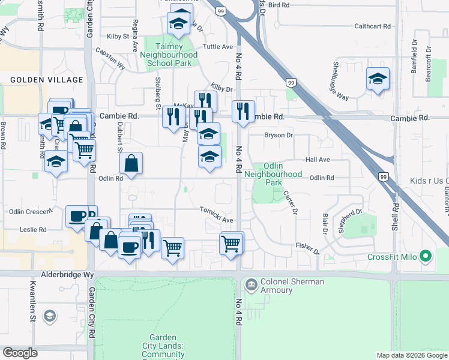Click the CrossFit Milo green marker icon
click(x=426, y=257)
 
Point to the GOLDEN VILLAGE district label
click(x=46, y=80)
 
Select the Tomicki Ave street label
click(x=217, y=220)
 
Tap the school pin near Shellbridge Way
click(x=378, y=79)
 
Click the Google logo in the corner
click(x=20, y=353)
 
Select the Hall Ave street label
click(x=318, y=160)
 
